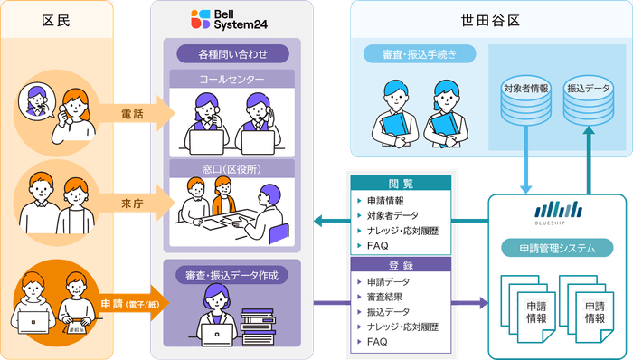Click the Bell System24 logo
tap(223, 19)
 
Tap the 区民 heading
tap(57, 19)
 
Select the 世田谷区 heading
tap(489, 19)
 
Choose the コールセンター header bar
tap(232, 80)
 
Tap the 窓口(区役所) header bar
tap(232, 168)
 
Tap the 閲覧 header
tap(401, 184)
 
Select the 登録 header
tap(401, 266)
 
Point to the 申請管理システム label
tap(556, 248)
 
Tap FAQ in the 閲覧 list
tap(378, 246)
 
